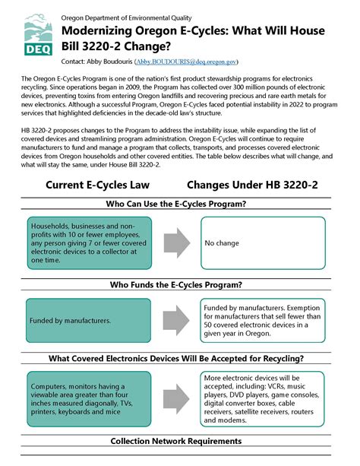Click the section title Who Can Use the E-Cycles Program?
(179, 204)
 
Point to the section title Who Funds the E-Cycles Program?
(179, 284)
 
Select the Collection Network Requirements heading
(179, 441)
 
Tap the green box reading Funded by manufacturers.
(98, 320)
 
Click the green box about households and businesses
(98, 243)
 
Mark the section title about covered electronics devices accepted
(179, 358)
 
